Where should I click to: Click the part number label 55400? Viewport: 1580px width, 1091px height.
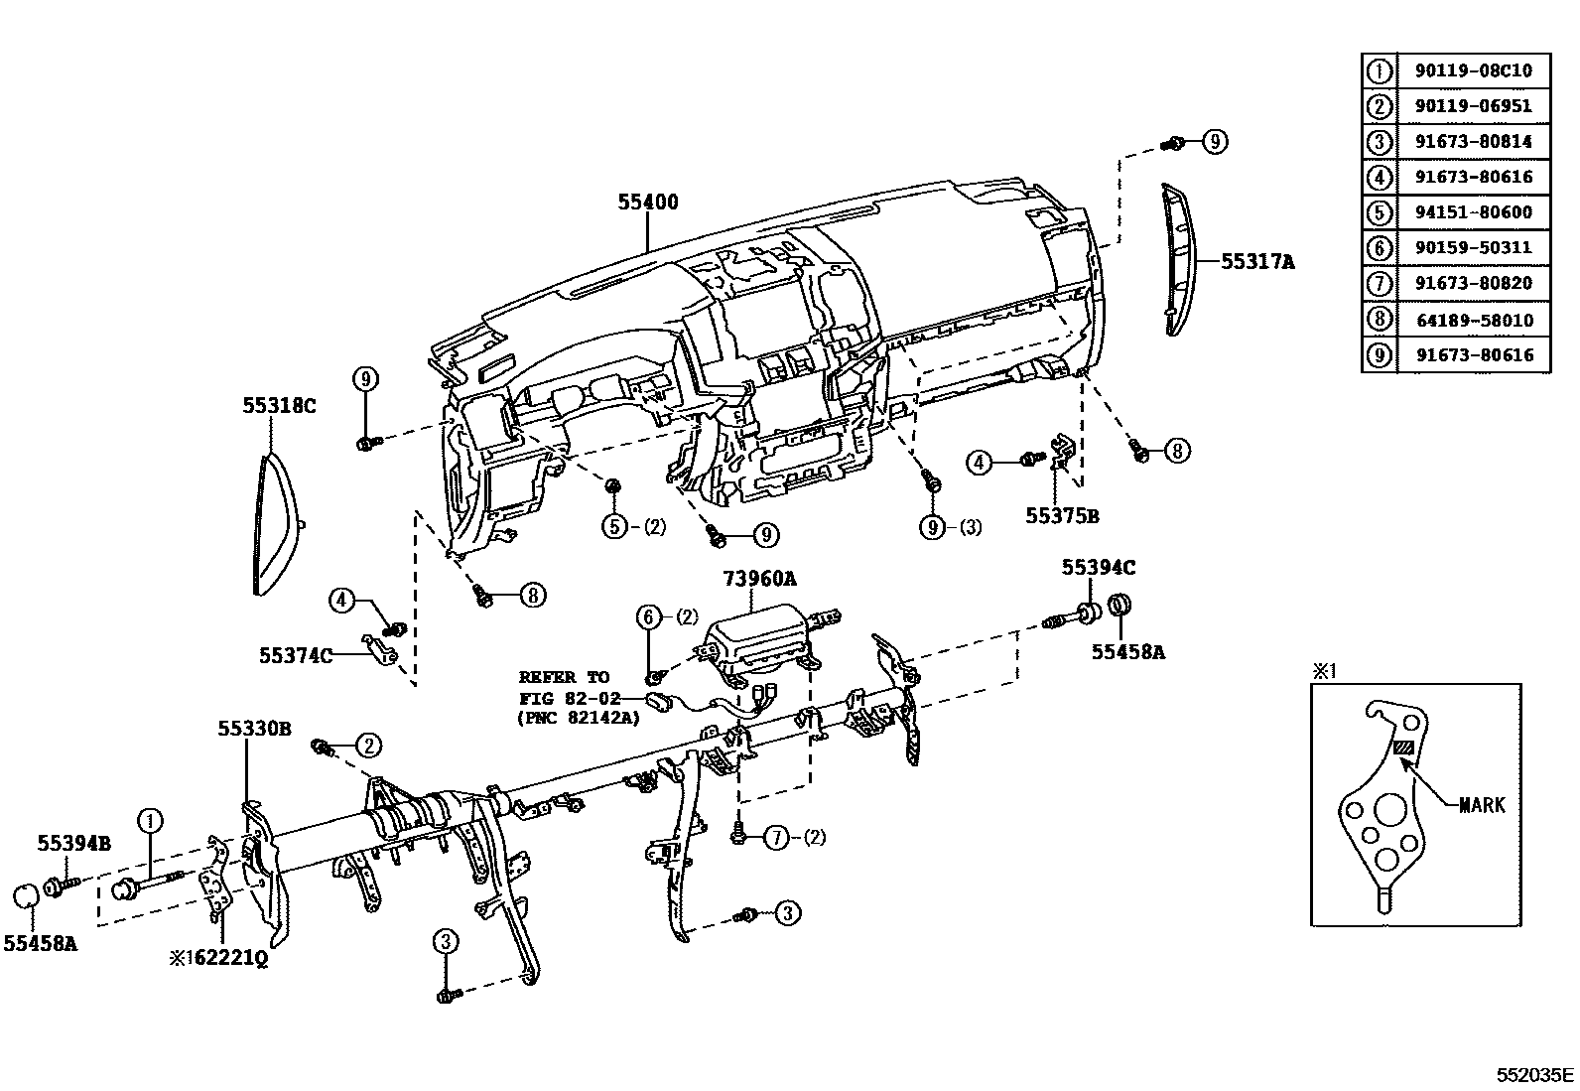(x=648, y=203)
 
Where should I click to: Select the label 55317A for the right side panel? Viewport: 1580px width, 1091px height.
(x=1257, y=261)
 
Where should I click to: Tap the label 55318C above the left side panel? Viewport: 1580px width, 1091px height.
(x=280, y=405)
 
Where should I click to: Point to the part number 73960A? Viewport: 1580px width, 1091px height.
(x=759, y=577)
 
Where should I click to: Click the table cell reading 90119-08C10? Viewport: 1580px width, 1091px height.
(x=1473, y=70)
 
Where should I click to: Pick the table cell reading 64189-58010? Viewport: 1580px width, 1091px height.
(x=1473, y=320)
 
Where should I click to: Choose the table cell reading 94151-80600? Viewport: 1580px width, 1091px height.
(x=1473, y=212)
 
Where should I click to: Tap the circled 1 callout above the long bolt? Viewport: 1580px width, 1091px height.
(x=150, y=820)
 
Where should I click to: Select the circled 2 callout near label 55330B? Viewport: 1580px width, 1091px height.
(x=367, y=745)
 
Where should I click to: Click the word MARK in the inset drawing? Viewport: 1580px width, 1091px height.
(x=1481, y=805)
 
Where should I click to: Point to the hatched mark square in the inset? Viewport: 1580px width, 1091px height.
(x=1404, y=749)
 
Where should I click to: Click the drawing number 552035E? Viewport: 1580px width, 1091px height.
(x=1535, y=1074)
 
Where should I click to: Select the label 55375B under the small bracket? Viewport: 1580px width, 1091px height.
(x=1062, y=516)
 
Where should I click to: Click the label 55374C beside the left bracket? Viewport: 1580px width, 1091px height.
(x=296, y=655)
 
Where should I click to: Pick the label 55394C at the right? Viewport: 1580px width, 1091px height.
(x=1099, y=567)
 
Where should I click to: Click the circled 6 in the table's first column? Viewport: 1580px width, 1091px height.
(x=1379, y=248)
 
